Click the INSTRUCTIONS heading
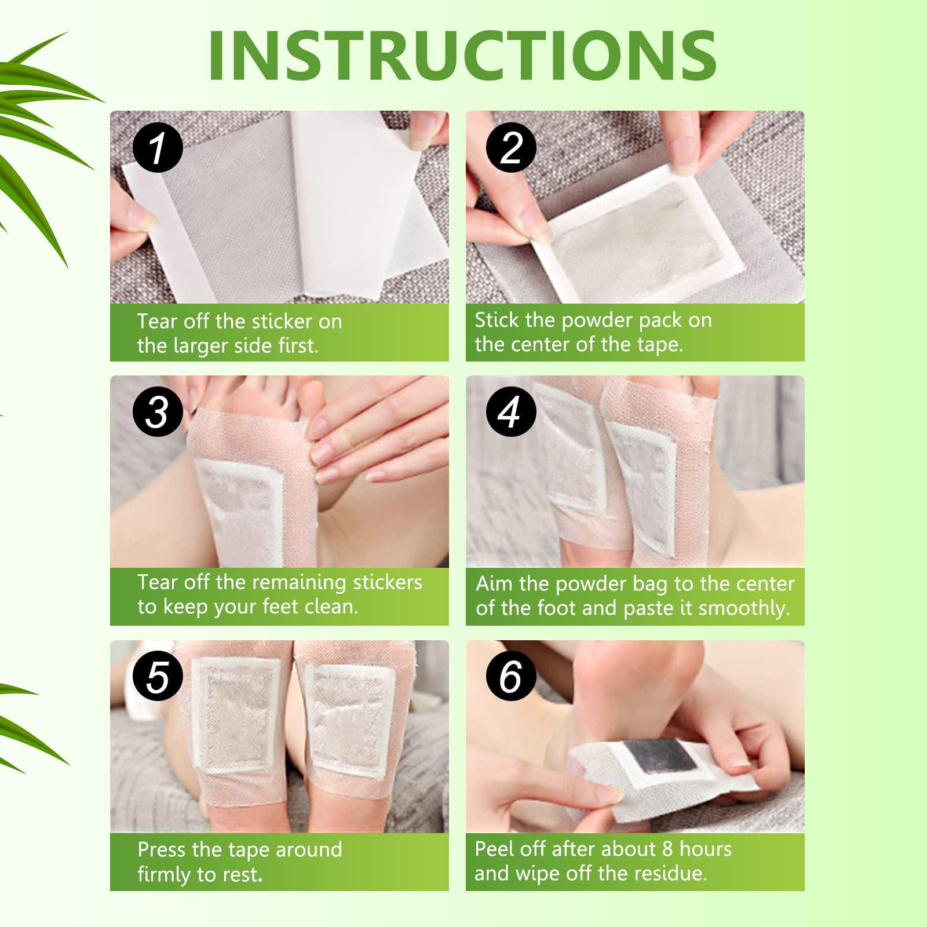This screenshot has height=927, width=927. click(x=462, y=56)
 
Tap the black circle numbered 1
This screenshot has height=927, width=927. click(x=158, y=148)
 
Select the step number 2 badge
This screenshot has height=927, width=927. click(x=511, y=148)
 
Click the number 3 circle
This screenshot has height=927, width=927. click(x=158, y=412)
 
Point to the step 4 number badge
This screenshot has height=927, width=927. click(x=511, y=412)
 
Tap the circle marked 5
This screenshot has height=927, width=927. click(x=158, y=676)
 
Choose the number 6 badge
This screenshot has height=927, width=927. click(x=511, y=676)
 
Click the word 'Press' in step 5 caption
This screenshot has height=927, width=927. click(x=162, y=849)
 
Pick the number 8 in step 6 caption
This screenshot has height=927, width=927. click(x=667, y=849)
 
